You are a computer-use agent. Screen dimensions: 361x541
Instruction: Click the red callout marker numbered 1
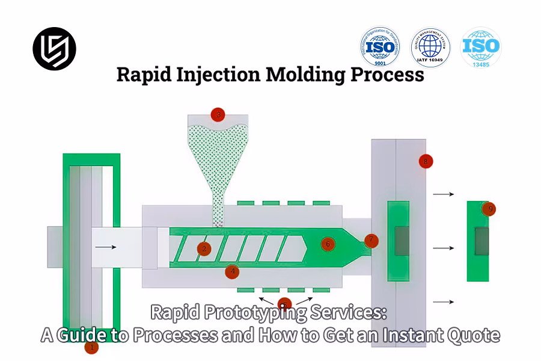click(91, 347)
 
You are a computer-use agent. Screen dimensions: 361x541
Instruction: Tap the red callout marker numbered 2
click(204, 248)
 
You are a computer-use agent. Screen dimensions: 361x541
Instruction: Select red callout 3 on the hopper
click(218, 114)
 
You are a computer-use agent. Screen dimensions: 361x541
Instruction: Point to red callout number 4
click(232, 272)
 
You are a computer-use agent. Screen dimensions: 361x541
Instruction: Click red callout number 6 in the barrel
click(328, 244)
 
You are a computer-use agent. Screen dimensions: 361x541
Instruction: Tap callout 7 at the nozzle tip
click(371, 240)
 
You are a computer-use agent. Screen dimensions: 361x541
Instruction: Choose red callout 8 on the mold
click(426, 161)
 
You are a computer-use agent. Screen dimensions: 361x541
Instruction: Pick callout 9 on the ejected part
click(491, 209)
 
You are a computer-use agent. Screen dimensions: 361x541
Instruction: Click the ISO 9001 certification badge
click(380, 47)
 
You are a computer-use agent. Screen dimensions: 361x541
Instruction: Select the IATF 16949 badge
click(430, 47)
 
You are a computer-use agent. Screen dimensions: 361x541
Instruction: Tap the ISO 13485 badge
click(481, 47)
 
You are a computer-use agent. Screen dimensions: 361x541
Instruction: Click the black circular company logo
click(54, 49)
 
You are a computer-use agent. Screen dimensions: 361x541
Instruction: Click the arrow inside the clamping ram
click(105, 247)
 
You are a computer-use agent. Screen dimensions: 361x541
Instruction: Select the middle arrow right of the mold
click(443, 248)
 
